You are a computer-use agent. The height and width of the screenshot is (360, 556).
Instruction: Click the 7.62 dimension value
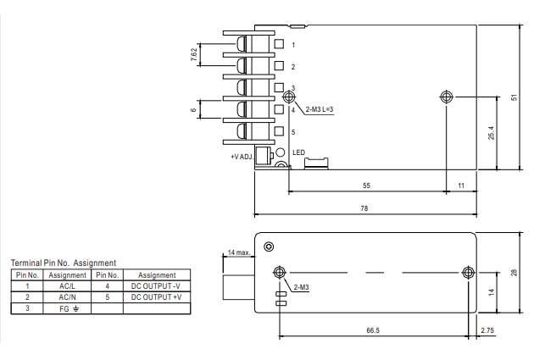[x=193, y=54]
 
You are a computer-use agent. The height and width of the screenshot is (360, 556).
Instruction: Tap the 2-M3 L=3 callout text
[x=320, y=109]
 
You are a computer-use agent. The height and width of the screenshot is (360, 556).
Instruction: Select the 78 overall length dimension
[x=364, y=208]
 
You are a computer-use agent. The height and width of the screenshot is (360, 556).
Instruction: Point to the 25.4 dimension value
[x=491, y=132]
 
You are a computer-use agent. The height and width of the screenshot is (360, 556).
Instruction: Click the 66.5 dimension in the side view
[x=373, y=330]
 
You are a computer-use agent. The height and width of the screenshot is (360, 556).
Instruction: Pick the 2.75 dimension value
[x=487, y=330]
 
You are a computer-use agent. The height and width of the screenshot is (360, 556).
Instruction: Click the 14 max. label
[x=239, y=252]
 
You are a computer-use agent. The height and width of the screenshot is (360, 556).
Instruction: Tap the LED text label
[x=298, y=152]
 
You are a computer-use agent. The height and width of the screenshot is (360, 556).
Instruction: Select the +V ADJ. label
[x=242, y=157]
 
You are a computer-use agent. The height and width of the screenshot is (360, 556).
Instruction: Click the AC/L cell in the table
[x=67, y=286]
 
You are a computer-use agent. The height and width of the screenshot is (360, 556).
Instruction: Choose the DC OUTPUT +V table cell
[x=156, y=297]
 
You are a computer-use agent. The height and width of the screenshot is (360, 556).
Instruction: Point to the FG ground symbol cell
[x=69, y=308]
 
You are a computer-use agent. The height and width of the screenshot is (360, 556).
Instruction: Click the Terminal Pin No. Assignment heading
[x=64, y=263]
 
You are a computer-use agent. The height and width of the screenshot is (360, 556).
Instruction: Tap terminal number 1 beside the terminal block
[x=293, y=45]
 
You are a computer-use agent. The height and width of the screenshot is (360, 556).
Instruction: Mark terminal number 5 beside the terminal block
[x=293, y=132]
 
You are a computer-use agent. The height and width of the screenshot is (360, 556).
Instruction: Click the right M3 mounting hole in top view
[x=446, y=97]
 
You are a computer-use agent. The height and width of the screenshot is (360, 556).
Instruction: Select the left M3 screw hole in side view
[x=280, y=272]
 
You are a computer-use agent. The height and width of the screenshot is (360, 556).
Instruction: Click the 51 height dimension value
[x=514, y=97]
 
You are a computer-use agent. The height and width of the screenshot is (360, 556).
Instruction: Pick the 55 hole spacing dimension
[x=366, y=186]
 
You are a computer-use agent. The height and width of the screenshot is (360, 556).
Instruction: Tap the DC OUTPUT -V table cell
[x=156, y=286]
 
